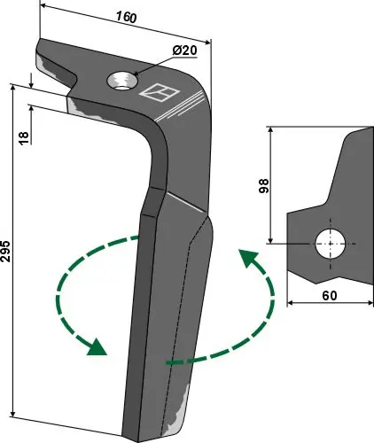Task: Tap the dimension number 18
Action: pyautogui.click(x=23, y=137)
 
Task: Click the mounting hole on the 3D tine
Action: pyautogui.click(x=121, y=82)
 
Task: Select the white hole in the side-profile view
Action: pyautogui.click(x=331, y=244)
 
